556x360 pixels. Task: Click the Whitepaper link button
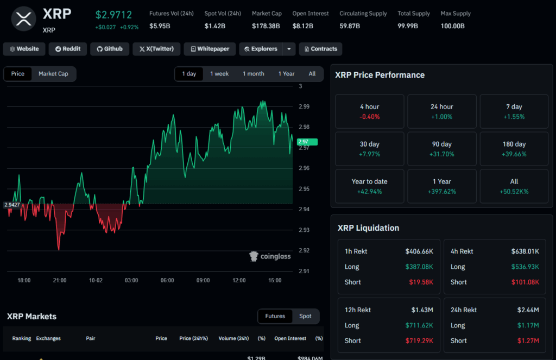tap(210, 49)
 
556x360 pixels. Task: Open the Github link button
tap(110, 49)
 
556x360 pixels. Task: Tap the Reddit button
tap(68, 49)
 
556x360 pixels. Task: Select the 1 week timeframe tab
tap(219, 74)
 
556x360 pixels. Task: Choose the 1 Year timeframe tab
tap(286, 74)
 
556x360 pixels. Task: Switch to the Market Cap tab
tap(53, 74)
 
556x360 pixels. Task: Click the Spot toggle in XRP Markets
tap(305, 316)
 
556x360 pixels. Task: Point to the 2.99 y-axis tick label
tap(304, 106)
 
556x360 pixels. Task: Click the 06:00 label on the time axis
tap(167, 280)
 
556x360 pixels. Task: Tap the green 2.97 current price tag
tap(307, 142)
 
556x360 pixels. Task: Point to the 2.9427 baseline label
tap(12, 205)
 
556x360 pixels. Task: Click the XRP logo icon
tap(23, 19)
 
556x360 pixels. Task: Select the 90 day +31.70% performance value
tap(441, 154)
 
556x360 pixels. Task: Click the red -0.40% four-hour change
tap(369, 117)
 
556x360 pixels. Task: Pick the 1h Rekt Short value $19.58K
tap(421, 282)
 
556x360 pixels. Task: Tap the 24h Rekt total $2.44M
tap(528, 310)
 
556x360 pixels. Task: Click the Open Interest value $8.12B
tap(302, 26)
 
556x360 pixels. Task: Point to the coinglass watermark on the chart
tap(270, 256)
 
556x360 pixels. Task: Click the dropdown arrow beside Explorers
tap(289, 49)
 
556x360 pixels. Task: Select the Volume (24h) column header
tap(233, 338)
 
